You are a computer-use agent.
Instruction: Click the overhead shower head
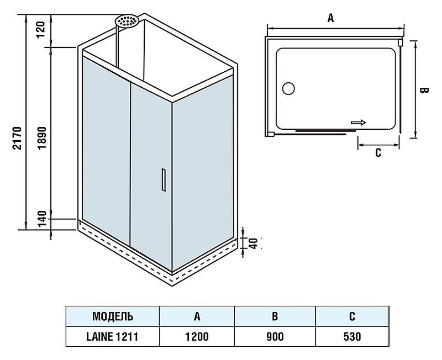tap(128, 22)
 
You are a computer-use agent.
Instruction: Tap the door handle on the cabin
tap(163, 179)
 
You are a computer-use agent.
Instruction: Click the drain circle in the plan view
tap(288, 88)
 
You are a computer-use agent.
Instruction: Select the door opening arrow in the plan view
tap(358, 123)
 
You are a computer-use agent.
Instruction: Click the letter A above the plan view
tap(330, 18)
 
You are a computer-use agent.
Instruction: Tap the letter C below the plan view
tap(378, 153)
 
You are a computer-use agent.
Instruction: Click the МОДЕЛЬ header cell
tap(113, 316)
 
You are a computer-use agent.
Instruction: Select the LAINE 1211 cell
tap(113, 336)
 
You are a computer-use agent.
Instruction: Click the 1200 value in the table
tap(197, 336)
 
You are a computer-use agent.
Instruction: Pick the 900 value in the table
tap(275, 336)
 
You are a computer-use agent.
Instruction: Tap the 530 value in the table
tap(352, 336)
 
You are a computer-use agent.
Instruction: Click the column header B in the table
tap(275, 316)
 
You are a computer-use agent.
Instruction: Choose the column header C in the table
tap(352, 316)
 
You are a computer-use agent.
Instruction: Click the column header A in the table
tap(197, 316)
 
